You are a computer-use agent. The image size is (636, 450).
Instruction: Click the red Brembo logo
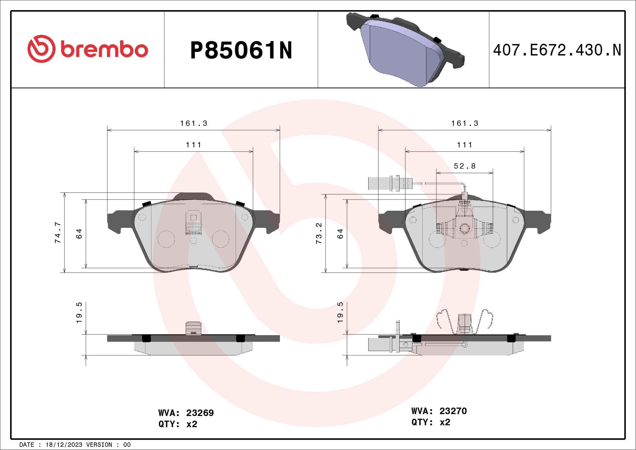(x=88, y=49)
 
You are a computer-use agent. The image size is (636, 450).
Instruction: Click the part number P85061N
(x=241, y=50)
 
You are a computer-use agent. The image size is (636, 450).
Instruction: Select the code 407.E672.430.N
(x=557, y=50)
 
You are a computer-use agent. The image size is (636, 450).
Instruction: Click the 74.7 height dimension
(x=58, y=232)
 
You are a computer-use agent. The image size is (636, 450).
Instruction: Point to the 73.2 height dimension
(x=319, y=233)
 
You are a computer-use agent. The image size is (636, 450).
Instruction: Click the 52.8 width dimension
(x=464, y=166)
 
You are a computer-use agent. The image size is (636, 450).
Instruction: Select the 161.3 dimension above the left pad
(x=194, y=123)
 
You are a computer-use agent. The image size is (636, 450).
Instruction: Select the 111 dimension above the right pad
(x=464, y=145)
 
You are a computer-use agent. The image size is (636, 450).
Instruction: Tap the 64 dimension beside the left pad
(x=79, y=234)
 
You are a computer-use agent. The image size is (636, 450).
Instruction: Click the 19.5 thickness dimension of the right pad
(x=340, y=312)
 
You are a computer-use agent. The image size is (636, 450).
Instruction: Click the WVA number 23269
(x=200, y=413)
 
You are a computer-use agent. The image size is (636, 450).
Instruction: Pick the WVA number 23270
(x=453, y=411)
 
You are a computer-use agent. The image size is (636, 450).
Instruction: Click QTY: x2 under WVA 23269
(x=178, y=424)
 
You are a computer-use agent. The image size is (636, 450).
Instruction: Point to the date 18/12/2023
(x=64, y=445)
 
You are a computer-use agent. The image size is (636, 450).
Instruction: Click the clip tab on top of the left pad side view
(x=193, y=328)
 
